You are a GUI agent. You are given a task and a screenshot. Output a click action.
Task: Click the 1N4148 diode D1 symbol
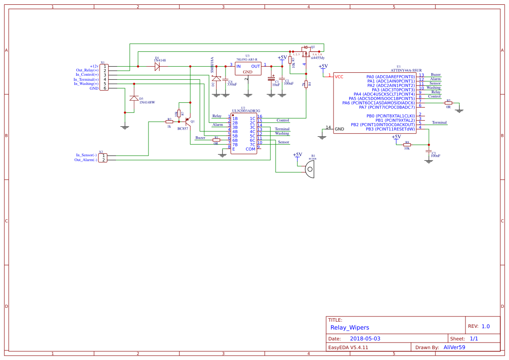157,67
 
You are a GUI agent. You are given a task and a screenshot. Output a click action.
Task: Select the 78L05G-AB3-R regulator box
247,68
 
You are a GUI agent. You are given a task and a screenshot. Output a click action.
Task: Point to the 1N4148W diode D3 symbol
134,98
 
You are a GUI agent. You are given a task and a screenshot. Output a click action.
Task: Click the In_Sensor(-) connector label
86,155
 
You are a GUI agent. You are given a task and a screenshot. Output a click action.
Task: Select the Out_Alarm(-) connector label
85,160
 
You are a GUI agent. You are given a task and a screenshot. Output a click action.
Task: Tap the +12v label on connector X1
94,66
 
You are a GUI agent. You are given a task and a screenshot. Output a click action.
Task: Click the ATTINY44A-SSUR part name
406,70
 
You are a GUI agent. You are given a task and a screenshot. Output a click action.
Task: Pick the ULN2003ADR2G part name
246,111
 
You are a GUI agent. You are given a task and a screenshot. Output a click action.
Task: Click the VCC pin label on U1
339,77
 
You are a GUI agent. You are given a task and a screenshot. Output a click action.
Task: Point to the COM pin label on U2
250,149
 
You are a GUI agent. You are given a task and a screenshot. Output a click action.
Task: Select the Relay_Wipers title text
350,327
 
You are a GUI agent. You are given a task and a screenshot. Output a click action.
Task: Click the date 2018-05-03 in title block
365,339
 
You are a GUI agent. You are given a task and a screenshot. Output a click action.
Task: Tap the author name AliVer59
454,347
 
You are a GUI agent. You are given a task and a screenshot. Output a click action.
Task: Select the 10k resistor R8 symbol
407,145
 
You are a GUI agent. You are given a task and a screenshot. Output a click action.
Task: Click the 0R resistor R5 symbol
448,103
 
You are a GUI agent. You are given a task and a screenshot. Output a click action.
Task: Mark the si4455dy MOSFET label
317,57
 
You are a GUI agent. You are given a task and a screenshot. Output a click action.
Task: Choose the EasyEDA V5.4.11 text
348,347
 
